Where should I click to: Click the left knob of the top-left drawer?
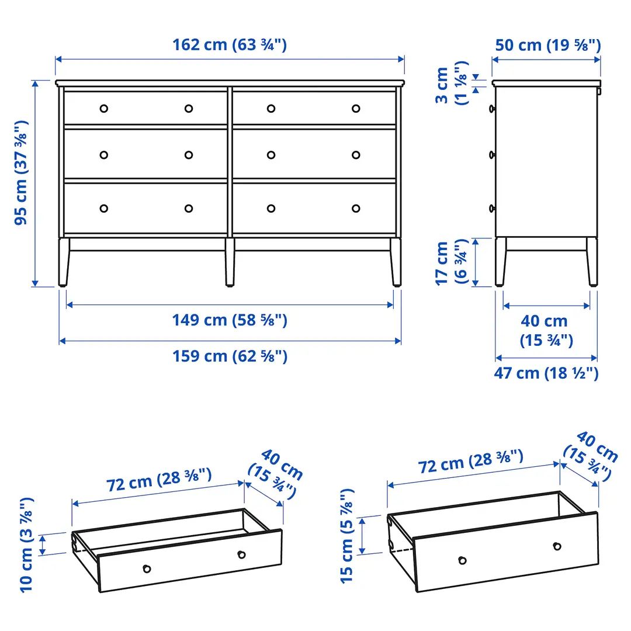pos(104,108)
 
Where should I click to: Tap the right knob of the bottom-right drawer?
pos(356,208)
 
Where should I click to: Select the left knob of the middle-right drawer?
pos(271,155)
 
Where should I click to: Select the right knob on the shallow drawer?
pos(241,554)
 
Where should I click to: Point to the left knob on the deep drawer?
pos(462,560)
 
